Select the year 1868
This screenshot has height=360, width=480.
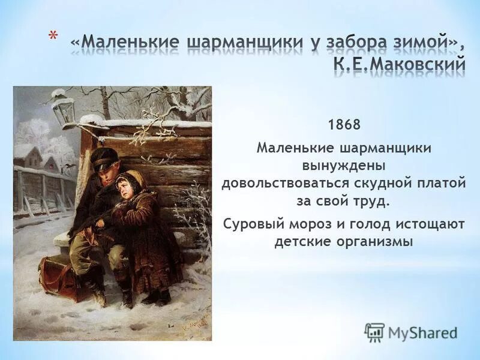pyautogui.click(x=344, y=125)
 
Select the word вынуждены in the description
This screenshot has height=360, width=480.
pyautogui.click(x=344, y=165)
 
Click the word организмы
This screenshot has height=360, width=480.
pyautogui.click(x=377, y=242)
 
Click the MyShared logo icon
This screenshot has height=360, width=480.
pyautogui.click(x=374, y=332)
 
